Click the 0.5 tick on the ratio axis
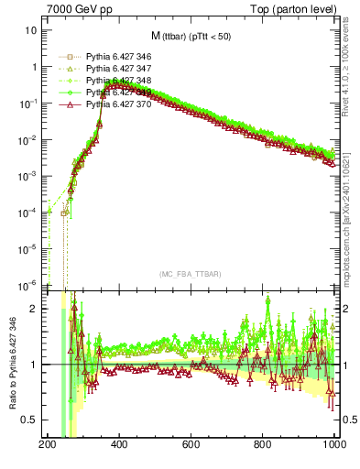coord(31,420)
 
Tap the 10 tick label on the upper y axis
coord(31,30)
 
